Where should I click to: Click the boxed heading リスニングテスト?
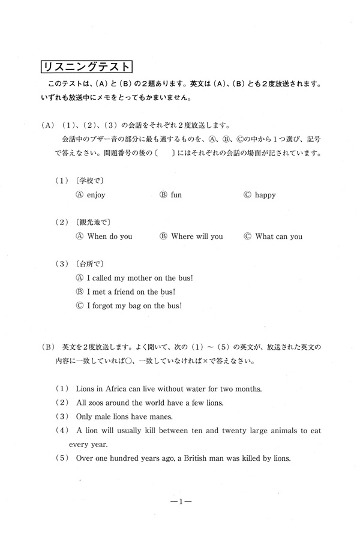point(86,65)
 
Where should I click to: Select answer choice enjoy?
point(96,195)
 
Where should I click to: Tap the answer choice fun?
point(176,195)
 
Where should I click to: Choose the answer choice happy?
point(265,195)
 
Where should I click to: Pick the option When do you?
point(110,236)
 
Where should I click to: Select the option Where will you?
point(197,236)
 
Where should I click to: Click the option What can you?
point(279,236)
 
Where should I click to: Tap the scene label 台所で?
point(88,263)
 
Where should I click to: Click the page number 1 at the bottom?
point(180,503)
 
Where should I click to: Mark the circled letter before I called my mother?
point(79,278)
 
